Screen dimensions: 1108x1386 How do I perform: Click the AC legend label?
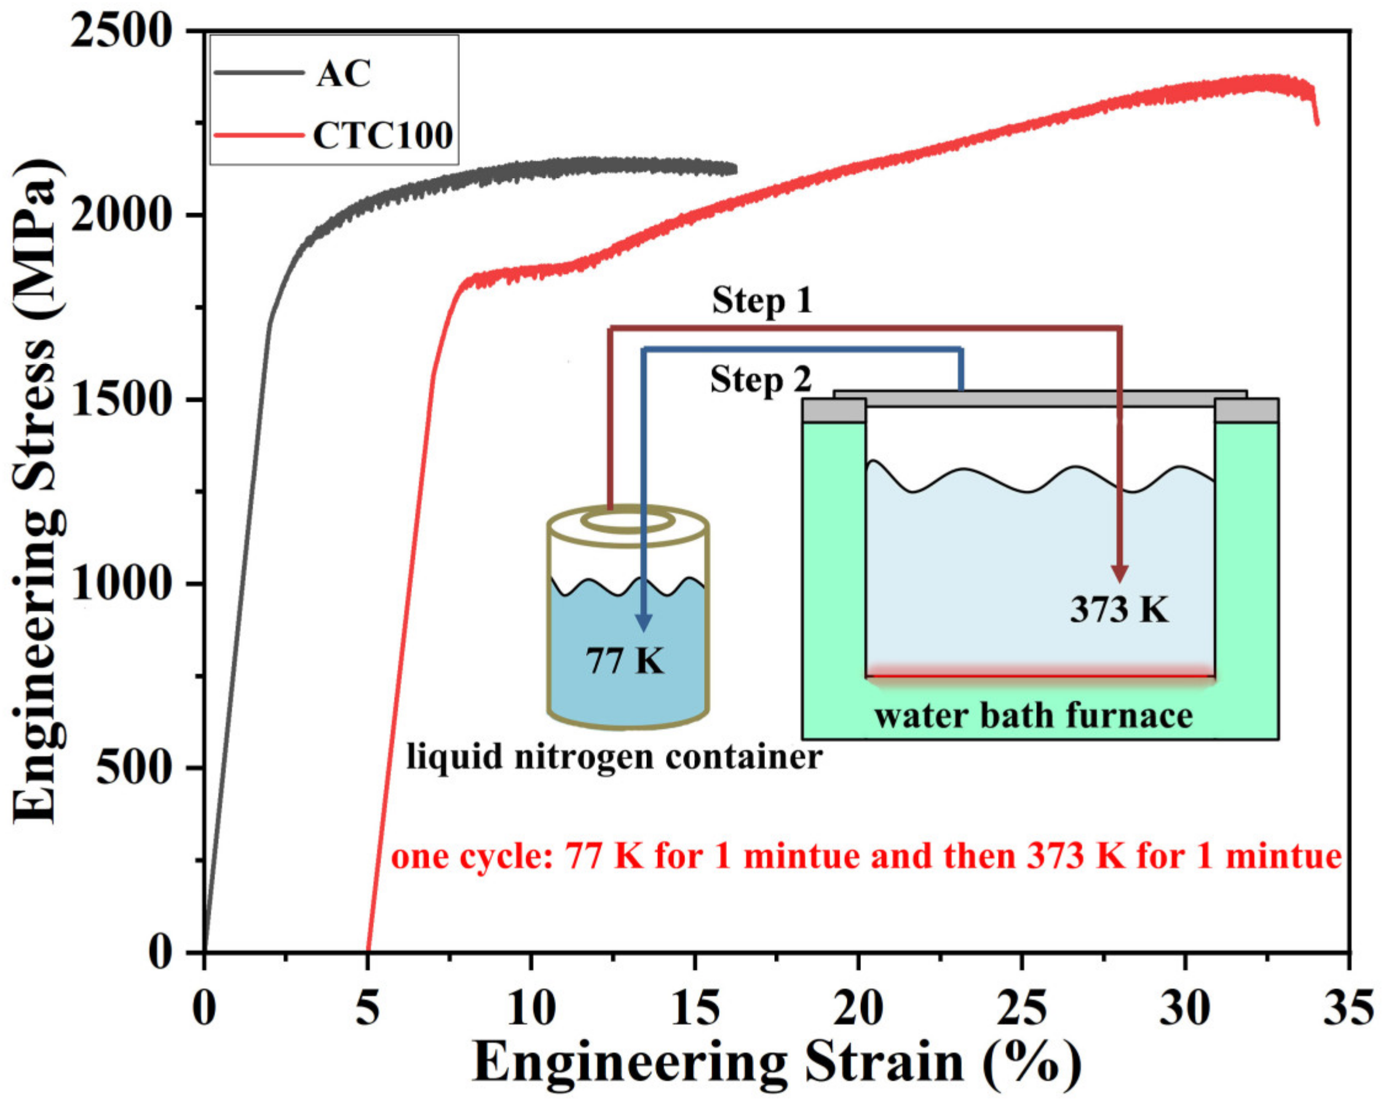[x=343, y=74]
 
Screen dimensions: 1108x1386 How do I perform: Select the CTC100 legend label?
[x=383, y=136]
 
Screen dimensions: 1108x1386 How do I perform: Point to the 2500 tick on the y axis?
[x=122, y=31]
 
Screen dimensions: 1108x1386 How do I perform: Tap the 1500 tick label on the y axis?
[x=122, y=399]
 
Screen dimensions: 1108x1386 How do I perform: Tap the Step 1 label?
[x=762, y=300]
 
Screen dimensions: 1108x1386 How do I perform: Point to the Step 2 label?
[x=761, y=379]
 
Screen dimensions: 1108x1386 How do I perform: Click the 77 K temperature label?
[x=624, y=660]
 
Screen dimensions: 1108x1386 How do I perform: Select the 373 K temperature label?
[x=1119, y=609]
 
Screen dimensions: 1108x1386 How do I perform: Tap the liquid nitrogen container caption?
[x=614, y=756]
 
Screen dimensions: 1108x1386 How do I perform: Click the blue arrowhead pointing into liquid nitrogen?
[x=643, y=622]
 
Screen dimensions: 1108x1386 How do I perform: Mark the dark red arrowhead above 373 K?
[x=1120, y=573]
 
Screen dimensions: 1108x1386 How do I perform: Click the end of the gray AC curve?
[x=735, y=170]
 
